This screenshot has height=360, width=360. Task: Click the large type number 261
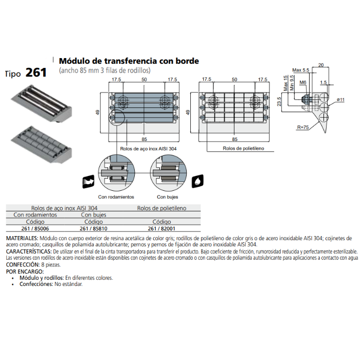coord(36,73)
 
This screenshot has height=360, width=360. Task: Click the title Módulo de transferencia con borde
coord(129,61)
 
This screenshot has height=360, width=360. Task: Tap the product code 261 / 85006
coord(35,228)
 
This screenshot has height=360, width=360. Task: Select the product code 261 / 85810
coord(94,228)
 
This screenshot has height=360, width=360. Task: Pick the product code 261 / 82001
coord(161,228)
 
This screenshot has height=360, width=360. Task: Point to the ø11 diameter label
coord(340,99)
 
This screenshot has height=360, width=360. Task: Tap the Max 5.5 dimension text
coord(300,69)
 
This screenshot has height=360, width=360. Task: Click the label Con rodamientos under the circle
coord(116,196)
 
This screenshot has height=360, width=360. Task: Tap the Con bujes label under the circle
coord(167,196)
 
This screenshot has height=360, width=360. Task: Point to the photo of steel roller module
coord(37,103)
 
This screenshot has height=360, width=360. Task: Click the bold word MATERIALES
coord(22,239)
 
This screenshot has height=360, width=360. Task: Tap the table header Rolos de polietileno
coord(161,208)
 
